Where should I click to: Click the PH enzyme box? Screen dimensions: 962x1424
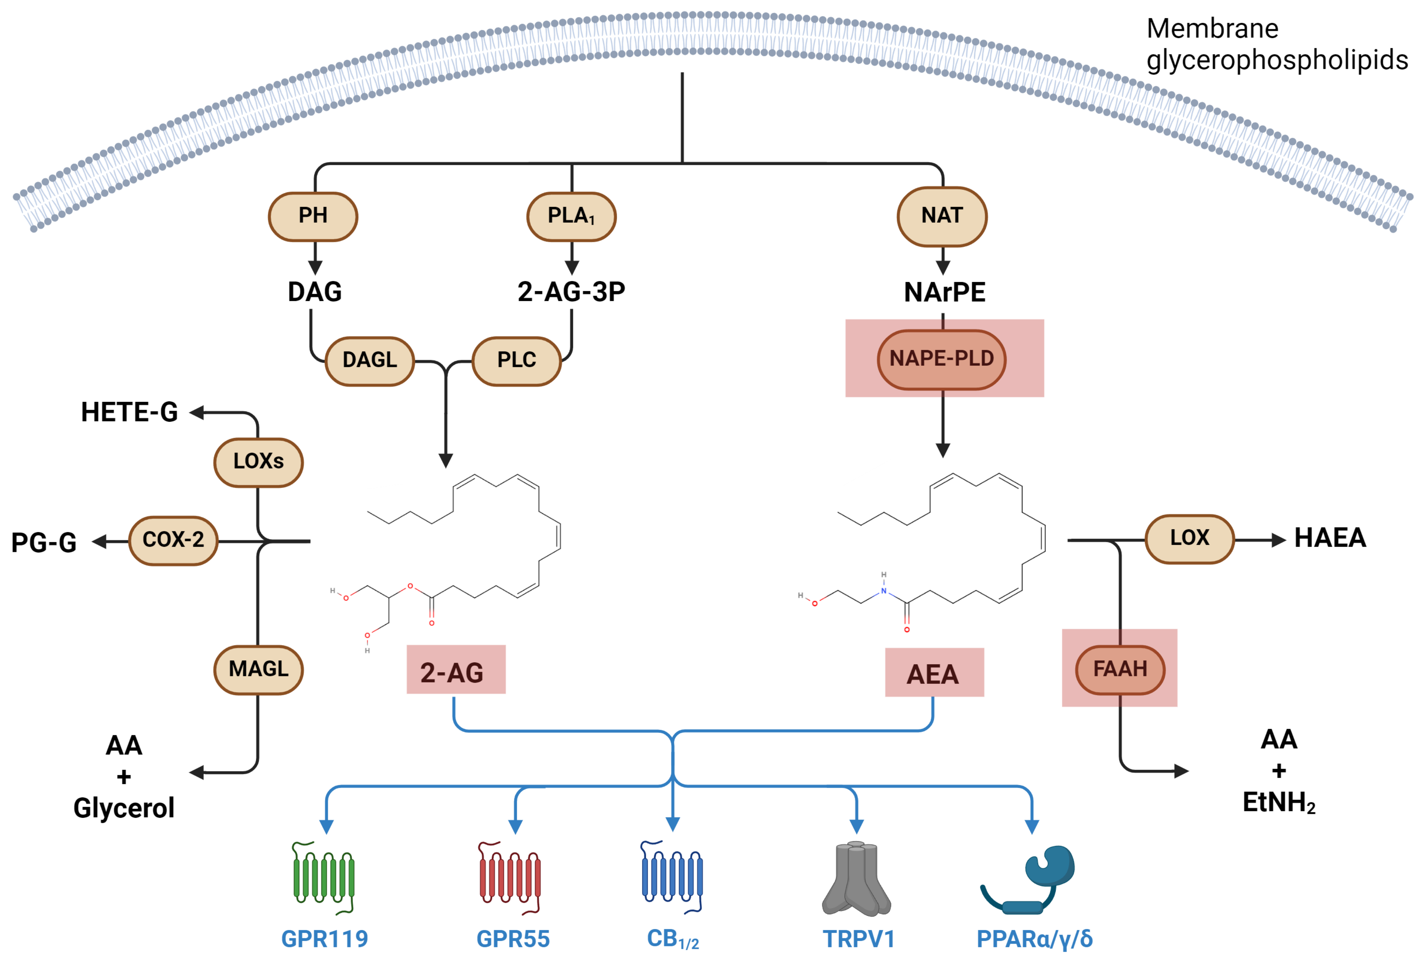[313, 216]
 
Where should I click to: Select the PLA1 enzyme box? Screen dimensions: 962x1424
[571, 216]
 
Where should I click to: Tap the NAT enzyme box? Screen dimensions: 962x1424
[942, 216]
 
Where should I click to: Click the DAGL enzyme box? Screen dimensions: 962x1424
[369, 360]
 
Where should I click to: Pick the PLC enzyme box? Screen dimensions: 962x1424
[517, 360]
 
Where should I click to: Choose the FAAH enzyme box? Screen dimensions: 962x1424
[1120, 669]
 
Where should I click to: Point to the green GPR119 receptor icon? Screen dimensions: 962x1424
[324, 878]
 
